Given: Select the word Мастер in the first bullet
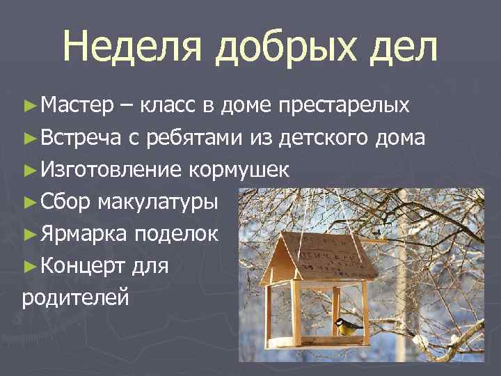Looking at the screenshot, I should coord(76,106).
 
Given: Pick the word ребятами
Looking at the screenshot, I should coord(185,138).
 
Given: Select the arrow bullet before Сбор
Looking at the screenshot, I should coord(29,203).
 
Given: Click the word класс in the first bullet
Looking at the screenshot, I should coord(166,106).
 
